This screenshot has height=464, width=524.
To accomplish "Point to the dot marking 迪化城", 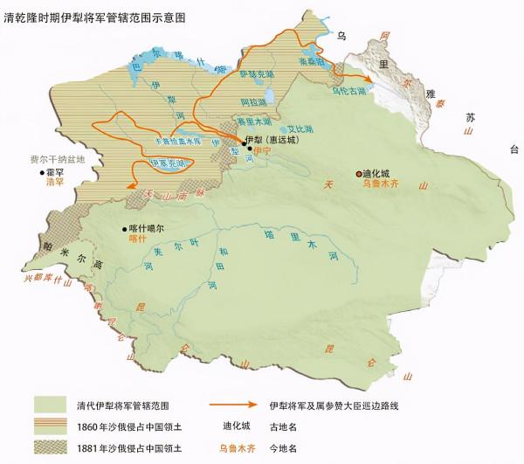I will (357, 174).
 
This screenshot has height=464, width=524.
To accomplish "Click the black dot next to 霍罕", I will (40, 173).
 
